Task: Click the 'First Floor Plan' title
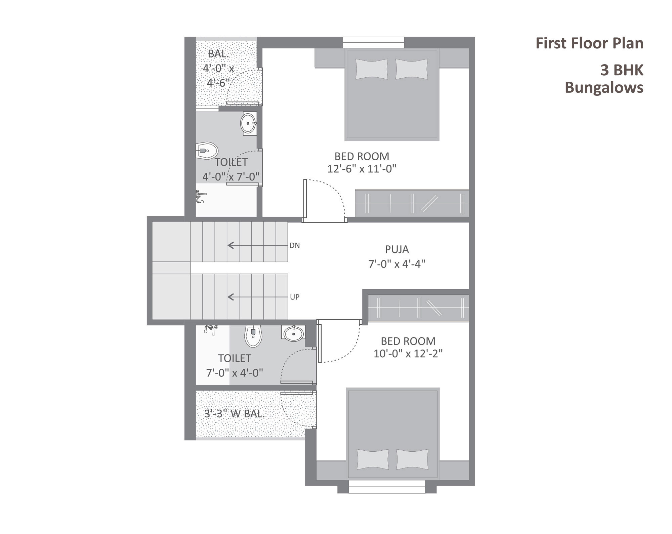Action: (x=589, y=44)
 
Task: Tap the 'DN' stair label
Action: (x=295, y=246)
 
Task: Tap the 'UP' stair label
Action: (x=295, y=297)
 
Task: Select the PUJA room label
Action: (x=397, y=249)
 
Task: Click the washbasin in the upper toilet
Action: (x=248, y=124)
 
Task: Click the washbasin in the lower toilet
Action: (x=294, y=334)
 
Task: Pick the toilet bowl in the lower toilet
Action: (x=253, y=336)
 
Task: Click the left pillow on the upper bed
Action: (x=372, y=69)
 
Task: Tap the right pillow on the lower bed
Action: (x=413, y=459)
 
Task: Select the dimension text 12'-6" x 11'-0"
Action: (x=362, y=168)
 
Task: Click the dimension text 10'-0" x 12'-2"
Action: (x=408, y=354)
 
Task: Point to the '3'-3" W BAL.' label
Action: (x=235, y=414)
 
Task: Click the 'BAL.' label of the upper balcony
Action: (x=218, y=53)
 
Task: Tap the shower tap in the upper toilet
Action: (x=200, y=197)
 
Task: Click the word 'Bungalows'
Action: (x=604, y=87)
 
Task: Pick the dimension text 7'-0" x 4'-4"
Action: (x=397, y=264)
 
